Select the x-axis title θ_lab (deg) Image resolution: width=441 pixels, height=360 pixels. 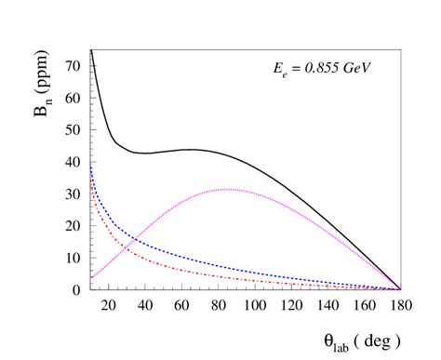(358, 340)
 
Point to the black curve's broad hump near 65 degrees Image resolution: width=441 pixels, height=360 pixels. (190, 150)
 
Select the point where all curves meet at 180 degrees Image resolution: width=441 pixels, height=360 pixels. (400, 289)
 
